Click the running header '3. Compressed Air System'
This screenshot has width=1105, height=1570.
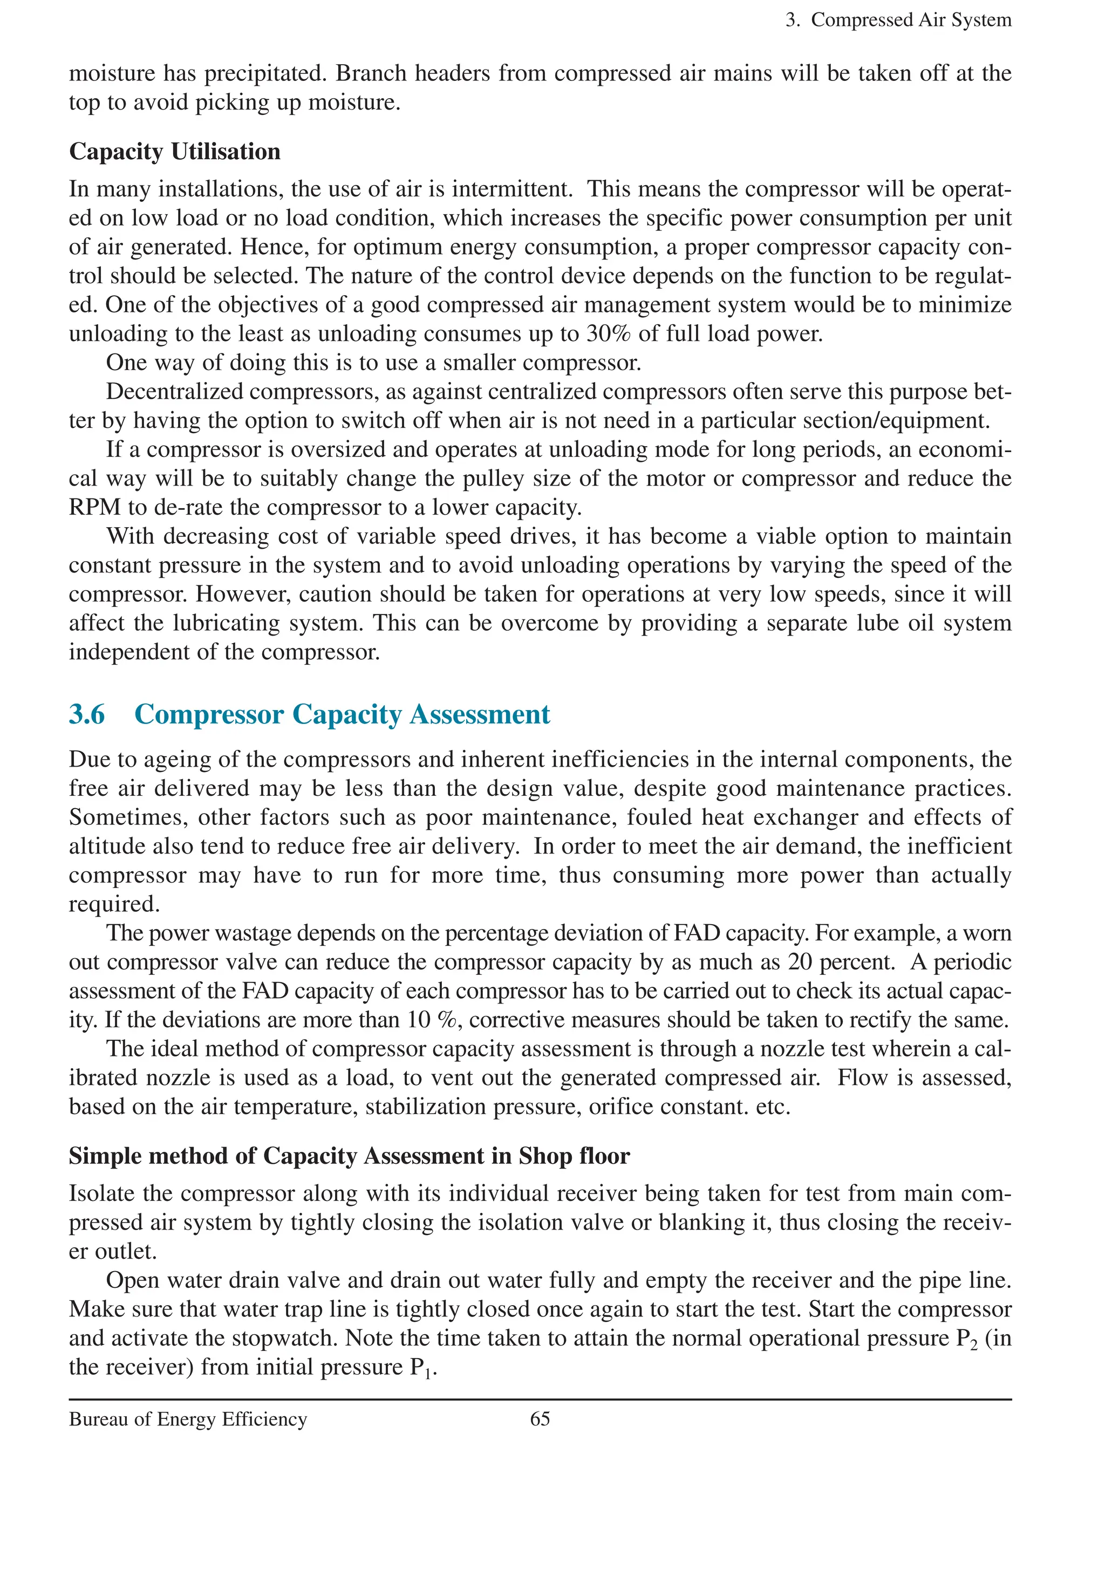point(898,20)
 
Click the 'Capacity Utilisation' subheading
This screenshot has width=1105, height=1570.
point(174,151)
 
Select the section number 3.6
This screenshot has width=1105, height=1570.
point(87,714)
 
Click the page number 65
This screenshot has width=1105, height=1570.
point(540,1419)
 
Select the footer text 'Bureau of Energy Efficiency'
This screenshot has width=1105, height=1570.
point(188,1419)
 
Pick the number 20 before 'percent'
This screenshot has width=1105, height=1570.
point(800,962)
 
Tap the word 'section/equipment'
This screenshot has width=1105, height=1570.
point(896,420)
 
